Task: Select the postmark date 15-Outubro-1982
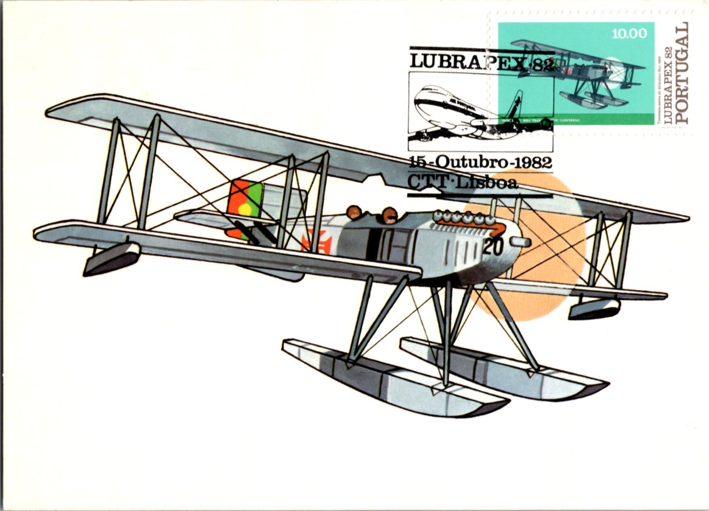(481, 163)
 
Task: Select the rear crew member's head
(354, 212)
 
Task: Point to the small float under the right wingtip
(594, 308)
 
